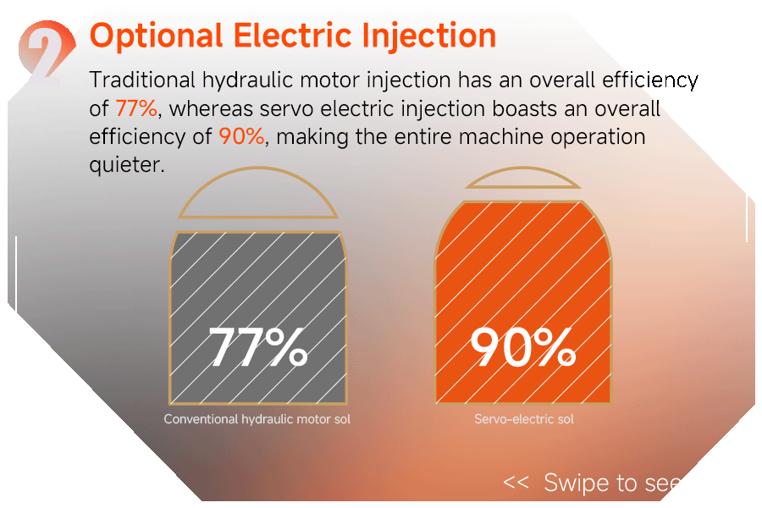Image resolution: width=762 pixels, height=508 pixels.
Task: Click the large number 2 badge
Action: point(47,53)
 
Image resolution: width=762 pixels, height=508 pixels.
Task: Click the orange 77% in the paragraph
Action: point(136,108)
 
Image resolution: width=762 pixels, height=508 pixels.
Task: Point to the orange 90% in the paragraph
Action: point(241,136)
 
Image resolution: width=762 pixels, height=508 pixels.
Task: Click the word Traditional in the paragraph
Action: point(142,80)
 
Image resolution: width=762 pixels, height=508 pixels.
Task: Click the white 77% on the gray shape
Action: point(258,346)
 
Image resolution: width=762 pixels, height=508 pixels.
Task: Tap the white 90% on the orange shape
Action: point(523,346)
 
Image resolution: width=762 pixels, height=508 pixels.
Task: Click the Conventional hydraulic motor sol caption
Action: point(257,419)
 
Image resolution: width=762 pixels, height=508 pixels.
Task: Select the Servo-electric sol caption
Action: point(524,419)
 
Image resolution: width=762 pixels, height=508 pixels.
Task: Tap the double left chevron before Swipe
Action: point(516,483)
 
